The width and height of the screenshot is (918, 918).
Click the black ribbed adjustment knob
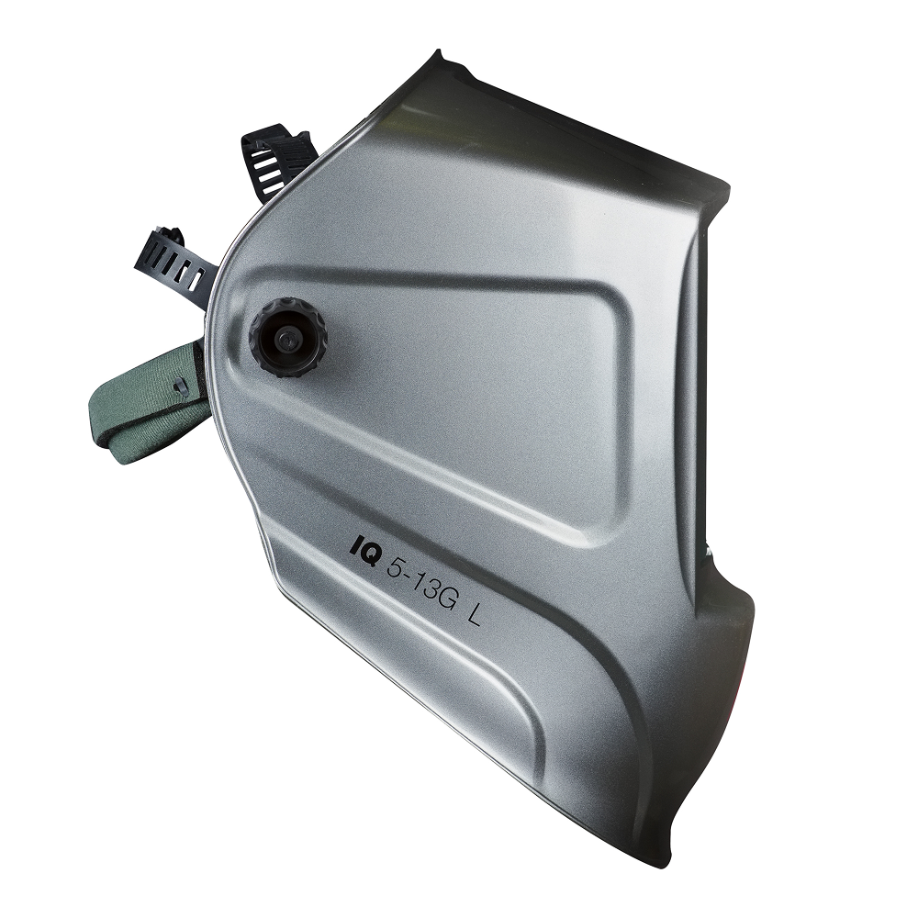coord(287,339)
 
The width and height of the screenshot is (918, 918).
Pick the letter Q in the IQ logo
coord(372,551)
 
